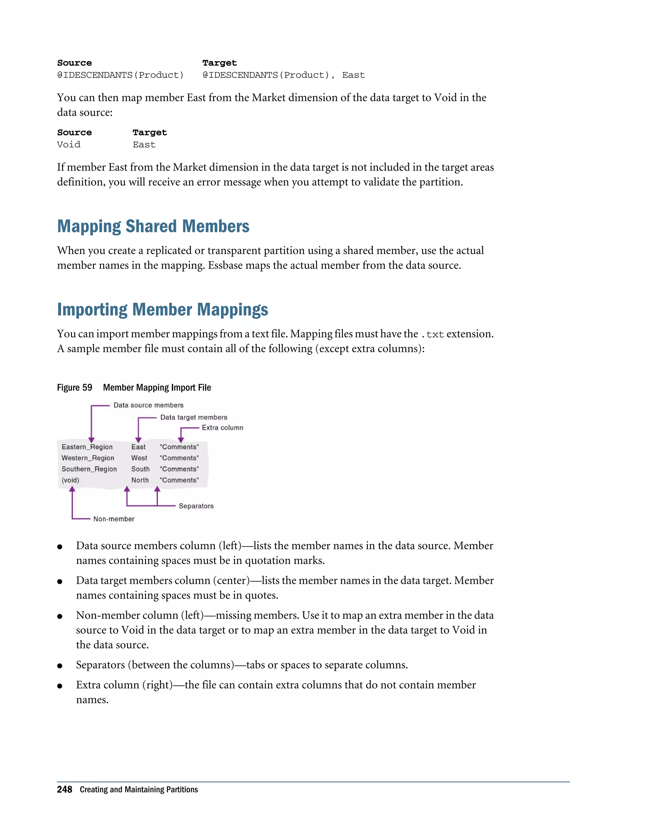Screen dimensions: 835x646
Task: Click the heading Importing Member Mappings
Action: [x=163, y=310]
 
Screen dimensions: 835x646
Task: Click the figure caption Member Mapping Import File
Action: [x=157, y=388]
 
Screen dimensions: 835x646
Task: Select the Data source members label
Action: [x=149, y=405]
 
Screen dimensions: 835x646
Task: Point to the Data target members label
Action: [x=194, y=417]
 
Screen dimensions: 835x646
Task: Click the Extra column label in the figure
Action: [x=222, y=428]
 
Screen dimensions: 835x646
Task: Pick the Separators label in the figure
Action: [x=196, y=506]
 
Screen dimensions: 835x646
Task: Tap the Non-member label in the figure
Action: [x=114, y=519]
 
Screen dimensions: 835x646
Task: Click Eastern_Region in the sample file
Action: [x=87, y=447]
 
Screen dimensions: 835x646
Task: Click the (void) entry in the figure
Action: [x=70, y=480]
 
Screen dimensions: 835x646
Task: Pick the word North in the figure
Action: [x=140, y=480]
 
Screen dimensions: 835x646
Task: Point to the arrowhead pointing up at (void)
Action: [x=72, y=489]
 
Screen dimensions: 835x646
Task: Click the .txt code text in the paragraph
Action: [x=432, y=335]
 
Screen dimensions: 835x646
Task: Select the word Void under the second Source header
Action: [x=69, y=145]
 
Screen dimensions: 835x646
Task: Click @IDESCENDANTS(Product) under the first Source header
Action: [x=120, y=75]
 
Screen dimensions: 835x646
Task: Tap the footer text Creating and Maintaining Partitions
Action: [x=139, y=790]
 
